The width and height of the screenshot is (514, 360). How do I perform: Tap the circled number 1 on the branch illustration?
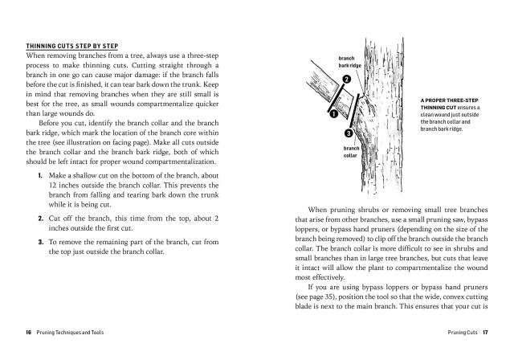pos(332,114)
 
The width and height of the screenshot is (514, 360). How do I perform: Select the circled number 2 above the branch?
pos(346,80)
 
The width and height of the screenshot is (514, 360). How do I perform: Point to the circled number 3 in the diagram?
pos(349,133)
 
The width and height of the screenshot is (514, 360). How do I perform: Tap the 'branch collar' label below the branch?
pos(351,153)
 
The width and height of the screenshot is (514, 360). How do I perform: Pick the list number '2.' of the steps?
pos(40,218)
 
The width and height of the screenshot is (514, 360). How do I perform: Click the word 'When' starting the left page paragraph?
pos(37,56)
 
